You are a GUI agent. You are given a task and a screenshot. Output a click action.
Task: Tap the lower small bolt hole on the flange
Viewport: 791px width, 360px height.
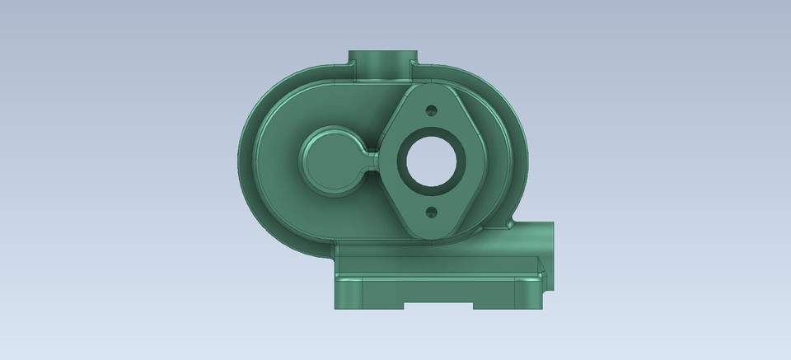429,213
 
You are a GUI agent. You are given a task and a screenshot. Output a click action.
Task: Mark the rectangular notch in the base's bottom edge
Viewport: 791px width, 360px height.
439,306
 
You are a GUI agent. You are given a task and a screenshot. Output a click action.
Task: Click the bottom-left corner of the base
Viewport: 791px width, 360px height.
335,309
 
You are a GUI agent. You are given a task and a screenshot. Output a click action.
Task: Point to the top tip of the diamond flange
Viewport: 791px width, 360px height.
428,85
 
